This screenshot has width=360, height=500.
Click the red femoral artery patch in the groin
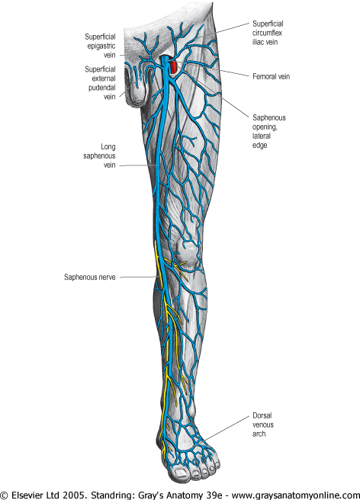pyautogui.click(x=173, y=67)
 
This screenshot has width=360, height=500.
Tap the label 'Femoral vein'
pyautogui.click(x=272, y=76)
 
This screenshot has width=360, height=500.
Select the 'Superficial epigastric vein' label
pyautogui.click(x=100, y=46)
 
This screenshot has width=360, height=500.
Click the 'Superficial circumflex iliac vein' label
pyautogui.click(x=268, y=33)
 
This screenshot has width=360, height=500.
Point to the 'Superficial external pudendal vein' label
pyautogui.click(x=100, y=83)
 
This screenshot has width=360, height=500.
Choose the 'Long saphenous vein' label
pyautogui.click(x=100, y=156)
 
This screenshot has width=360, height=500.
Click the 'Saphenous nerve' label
pyautogui.click(x=90, y=277)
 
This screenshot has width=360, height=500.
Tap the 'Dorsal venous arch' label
pyautogui.click(x=263, y=425)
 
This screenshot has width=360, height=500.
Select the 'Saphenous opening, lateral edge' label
pyautogui.click(x=269, y=131)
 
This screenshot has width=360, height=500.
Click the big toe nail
pyautogui.click(x=181, y=473)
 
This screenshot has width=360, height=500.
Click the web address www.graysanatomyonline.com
pyautogui.click(x=295, y=495)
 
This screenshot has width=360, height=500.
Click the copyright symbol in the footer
pyautogui.click(x=5, y=495)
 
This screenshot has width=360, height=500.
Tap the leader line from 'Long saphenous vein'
pyautogui.click(x=139, y=165)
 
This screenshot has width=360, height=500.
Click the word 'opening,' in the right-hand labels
pyautogui.click(x=265, y=127)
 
